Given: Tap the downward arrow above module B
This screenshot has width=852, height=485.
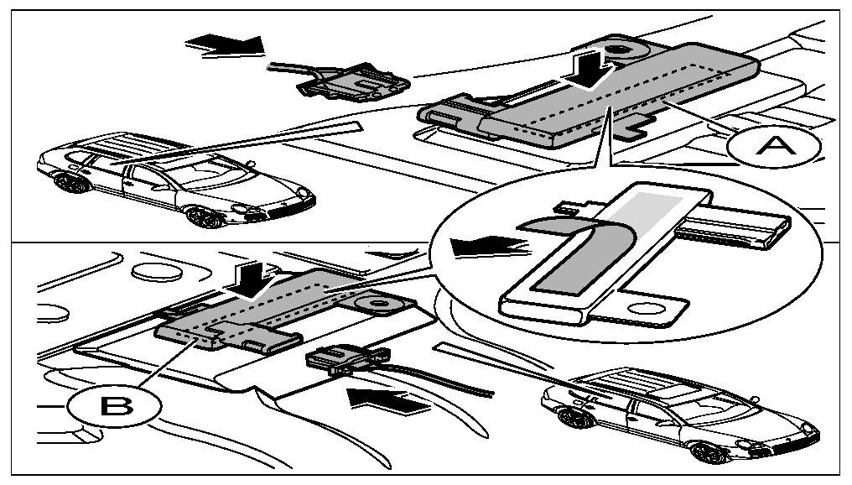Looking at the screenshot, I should (x=252, y=275).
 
